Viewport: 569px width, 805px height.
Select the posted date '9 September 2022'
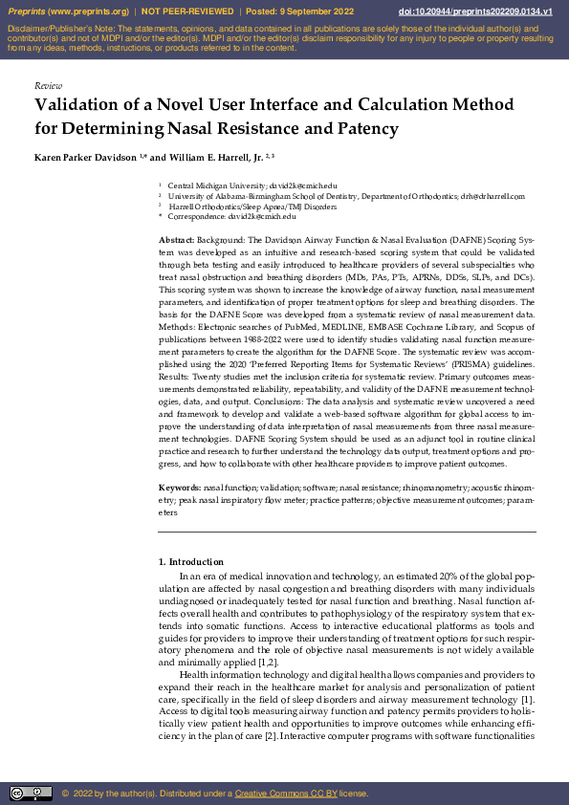(321, 11)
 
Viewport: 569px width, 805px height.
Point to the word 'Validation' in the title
(83, 106)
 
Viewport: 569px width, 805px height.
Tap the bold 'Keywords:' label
(179, 488)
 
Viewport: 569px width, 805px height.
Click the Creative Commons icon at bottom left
(31, 793)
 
